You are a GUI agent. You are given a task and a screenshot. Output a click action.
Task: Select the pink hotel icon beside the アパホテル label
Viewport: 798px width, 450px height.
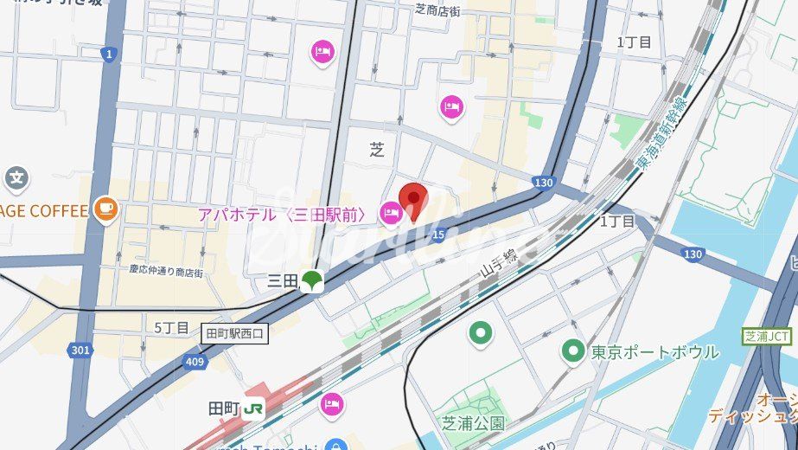[390, 211]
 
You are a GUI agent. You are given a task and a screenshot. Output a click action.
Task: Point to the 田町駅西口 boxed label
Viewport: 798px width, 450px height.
[236, 332]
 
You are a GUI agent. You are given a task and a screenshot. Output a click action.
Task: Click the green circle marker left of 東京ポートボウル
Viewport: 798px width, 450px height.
[571, 351]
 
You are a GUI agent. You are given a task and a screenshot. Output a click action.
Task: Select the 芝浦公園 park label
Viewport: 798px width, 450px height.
[473, 423]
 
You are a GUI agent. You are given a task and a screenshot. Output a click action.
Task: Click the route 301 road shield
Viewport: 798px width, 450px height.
[79, 350]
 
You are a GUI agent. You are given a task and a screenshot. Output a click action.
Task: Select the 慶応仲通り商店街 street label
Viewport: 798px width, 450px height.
[166, 272]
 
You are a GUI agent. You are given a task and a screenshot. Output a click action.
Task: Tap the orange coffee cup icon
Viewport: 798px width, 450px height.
[105, 209]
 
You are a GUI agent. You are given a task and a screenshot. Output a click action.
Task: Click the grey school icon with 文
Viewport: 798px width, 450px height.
[16, 179]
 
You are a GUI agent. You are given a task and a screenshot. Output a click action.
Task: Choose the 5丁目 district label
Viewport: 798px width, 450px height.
[171, 327]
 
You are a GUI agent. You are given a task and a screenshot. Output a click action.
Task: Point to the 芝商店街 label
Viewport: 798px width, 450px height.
[449, 10]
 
